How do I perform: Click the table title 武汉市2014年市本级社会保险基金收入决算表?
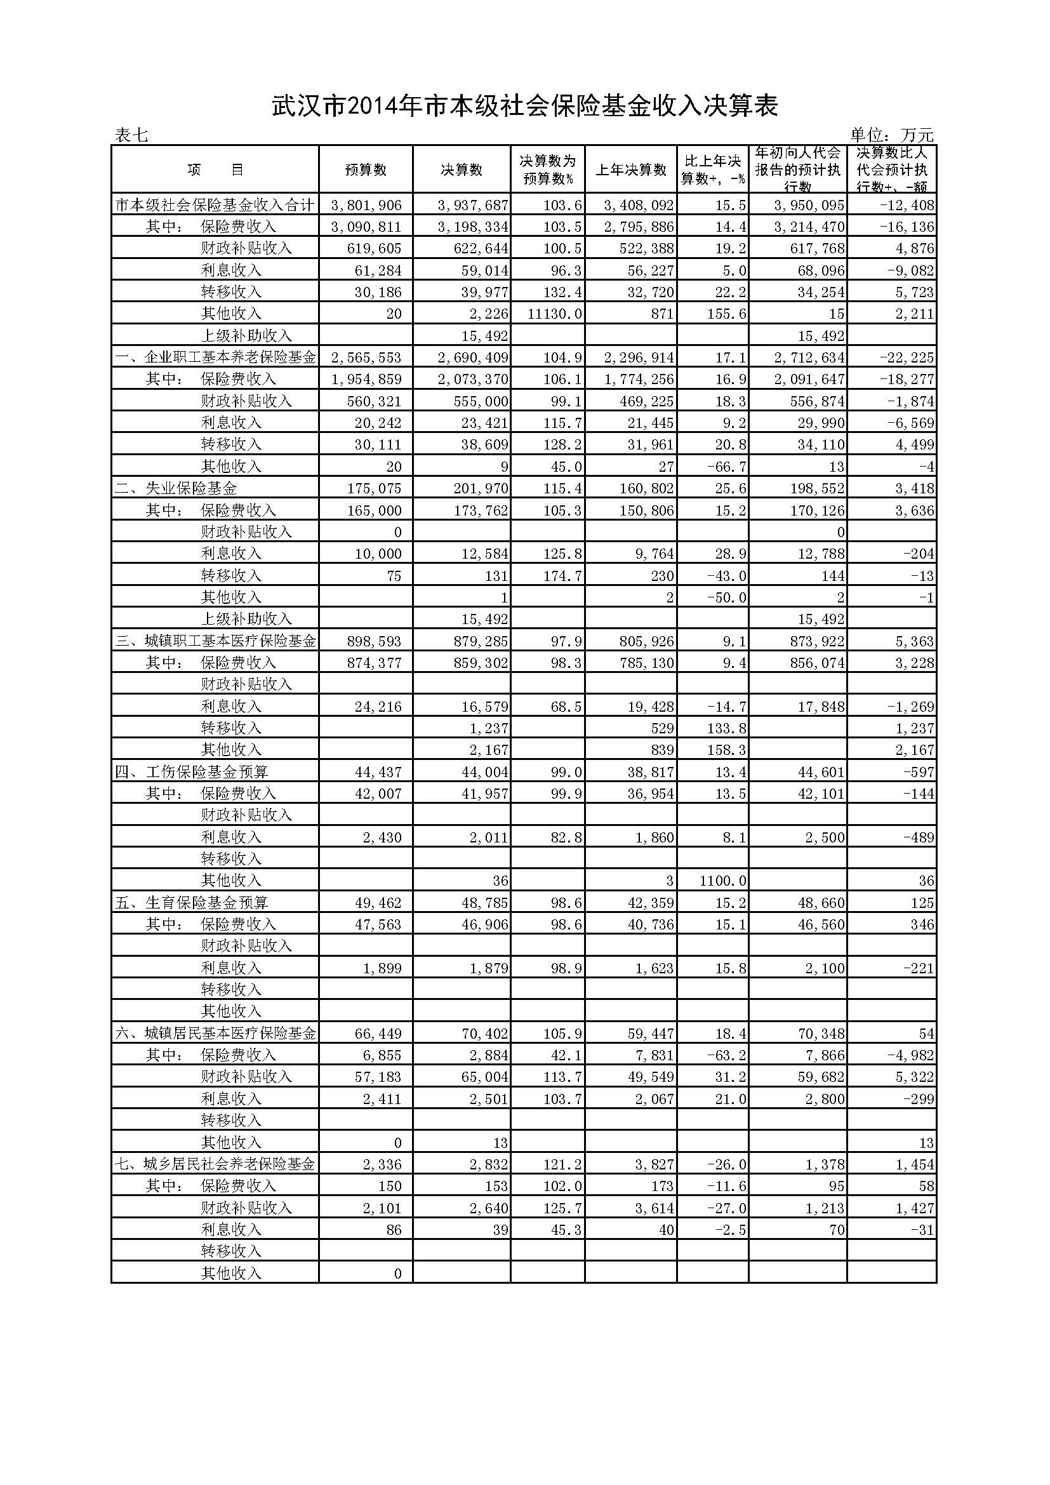point(524,107)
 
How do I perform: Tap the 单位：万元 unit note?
point(891,135)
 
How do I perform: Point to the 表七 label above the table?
point(131,135)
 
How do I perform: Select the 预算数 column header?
point(365,170)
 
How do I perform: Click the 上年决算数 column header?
point(630,170)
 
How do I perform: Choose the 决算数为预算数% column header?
point(548,170)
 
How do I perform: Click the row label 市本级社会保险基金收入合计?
point(215,206)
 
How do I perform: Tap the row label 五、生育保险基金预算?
point(191,903)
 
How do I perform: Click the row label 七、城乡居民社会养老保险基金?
point(215,1164)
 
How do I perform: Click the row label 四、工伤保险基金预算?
point(191,771)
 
